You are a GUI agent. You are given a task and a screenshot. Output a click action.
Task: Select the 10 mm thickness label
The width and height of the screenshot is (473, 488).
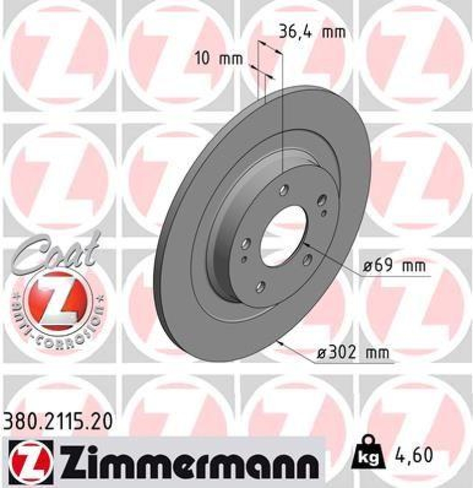tap(218, 59)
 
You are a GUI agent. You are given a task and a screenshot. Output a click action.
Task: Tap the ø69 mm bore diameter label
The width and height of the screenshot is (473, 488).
tap(393, 266)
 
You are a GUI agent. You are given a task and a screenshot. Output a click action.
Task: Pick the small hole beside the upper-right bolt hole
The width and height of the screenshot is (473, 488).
tap(323, 213)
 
